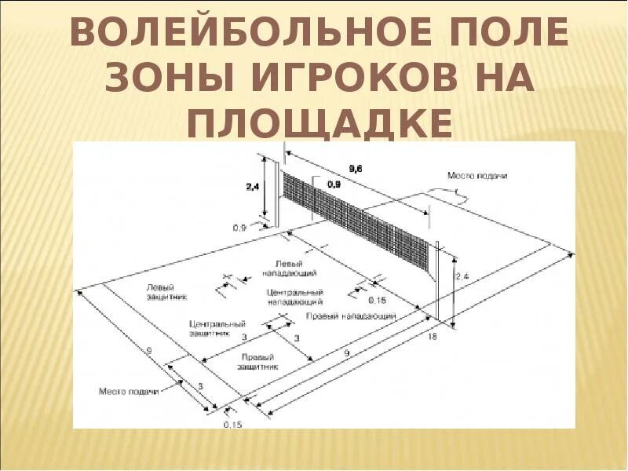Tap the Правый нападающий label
(x=350, y=316)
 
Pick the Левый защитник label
(x=161, y=292)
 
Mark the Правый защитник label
(x=258, y=361)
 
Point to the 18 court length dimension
(x=432, y=335)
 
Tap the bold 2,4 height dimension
(x=253, y=187)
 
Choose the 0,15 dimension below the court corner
(x=232, y=424)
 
